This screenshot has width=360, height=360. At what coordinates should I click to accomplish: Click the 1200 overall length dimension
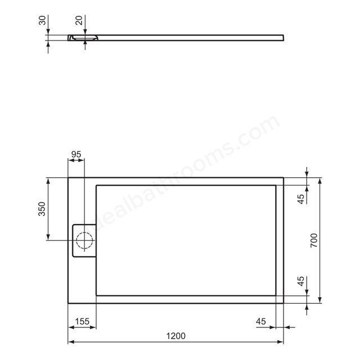click(175, 336)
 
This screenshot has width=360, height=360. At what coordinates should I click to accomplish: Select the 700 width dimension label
click(314, 240)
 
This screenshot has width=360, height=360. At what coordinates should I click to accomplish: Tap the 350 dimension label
click(42, 209)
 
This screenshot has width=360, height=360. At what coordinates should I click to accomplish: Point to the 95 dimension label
click(76, 155)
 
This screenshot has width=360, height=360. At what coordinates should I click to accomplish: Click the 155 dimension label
click(82, 321)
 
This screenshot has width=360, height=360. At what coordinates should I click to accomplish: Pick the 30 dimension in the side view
click(42, 21)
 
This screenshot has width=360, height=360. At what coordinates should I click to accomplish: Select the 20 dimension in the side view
click(79, 21)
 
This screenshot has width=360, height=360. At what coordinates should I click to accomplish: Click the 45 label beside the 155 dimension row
click(261, 321)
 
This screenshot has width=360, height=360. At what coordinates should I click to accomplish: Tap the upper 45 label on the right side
click(301, 199)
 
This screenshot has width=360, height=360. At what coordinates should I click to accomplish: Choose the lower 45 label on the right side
click(301, 281)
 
